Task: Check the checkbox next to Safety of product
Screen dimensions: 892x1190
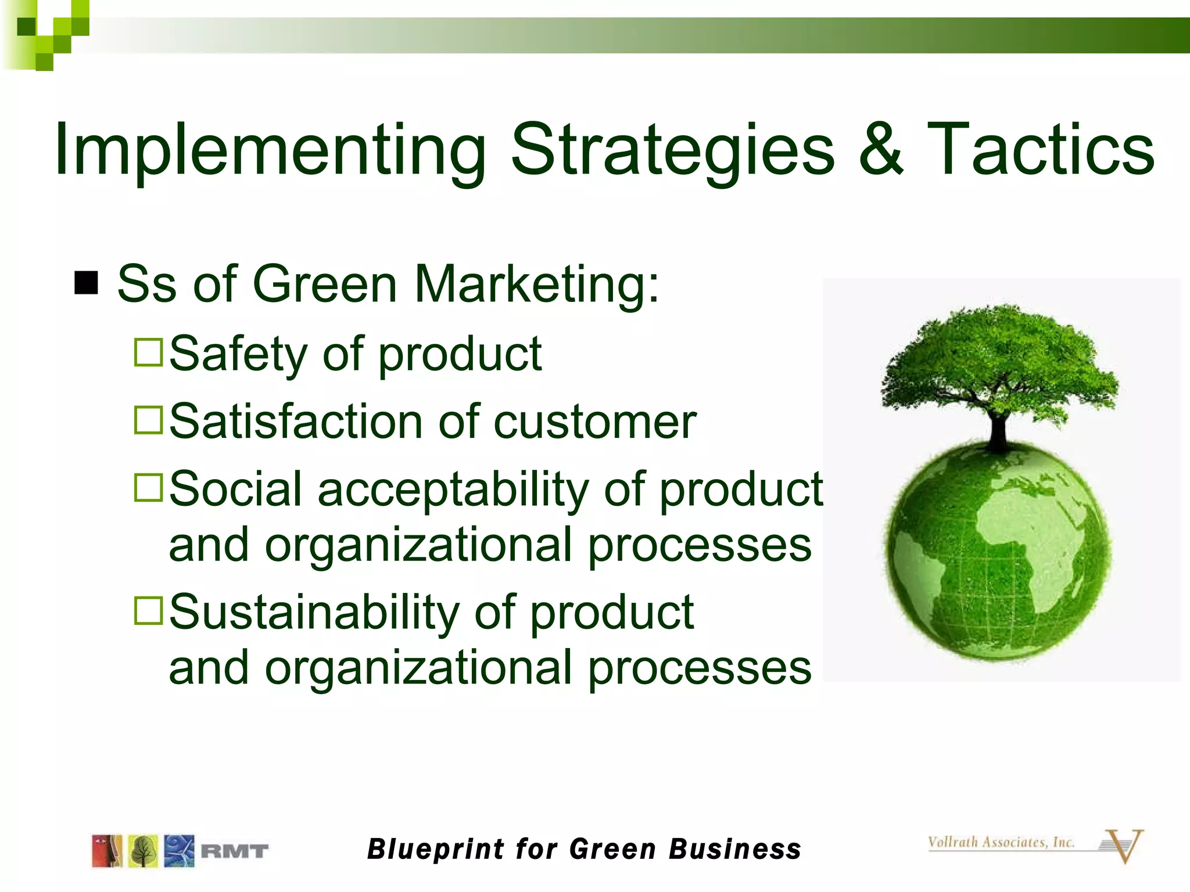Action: pyautogui.click(x=148, y=353)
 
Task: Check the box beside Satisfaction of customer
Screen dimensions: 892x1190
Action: pyautogui.click(x=148, y=420)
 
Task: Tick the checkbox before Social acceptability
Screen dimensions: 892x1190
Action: pyautogui.click(x=148, y=487)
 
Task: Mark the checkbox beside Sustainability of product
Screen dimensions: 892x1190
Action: pyautogui.click(x=148, y=610)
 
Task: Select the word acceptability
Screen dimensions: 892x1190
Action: pyautogui.click(x=453, y=490)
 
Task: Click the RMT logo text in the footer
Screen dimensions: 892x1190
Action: pyautogui.click(x=234, y=851)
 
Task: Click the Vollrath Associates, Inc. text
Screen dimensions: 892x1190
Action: pyautogui.click(x=1001, y=842)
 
